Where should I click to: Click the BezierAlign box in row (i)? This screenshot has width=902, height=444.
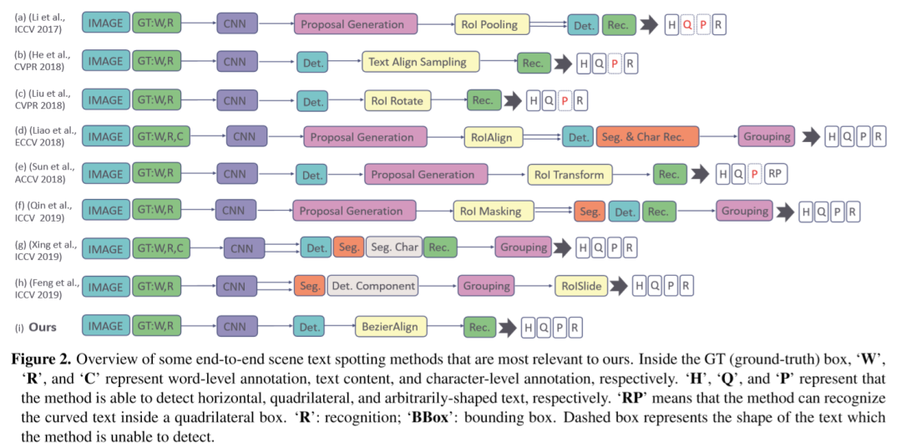(x=390, y=326)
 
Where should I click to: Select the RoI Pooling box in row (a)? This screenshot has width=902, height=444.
(x=493, y=24)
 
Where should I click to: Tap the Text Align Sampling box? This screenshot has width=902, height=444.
(x=420, y=62)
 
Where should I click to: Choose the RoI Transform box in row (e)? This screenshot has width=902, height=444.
(x=570, y=174)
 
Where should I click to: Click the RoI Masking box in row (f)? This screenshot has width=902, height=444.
(x=490, y=212)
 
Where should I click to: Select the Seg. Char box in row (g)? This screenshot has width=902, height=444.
(x=394, y=248)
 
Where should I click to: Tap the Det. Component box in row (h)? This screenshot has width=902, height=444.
(x=372, y=286)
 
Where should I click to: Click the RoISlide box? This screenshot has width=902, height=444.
(x=582, y=286)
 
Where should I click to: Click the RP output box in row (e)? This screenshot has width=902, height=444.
(x=775, y=174)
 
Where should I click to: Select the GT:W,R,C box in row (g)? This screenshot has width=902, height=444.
(x=162, y=248)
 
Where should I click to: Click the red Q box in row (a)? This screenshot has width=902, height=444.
(x=687, y=25)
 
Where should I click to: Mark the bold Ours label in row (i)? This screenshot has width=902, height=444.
(x=43, y=327)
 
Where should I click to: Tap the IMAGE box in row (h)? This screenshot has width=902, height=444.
(x=105, y=287)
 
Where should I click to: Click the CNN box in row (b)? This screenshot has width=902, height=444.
(x=237, y=62)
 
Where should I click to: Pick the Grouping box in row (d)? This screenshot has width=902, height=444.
(x=766, y=136)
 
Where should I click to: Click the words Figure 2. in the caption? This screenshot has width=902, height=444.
(x=39, y=360)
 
